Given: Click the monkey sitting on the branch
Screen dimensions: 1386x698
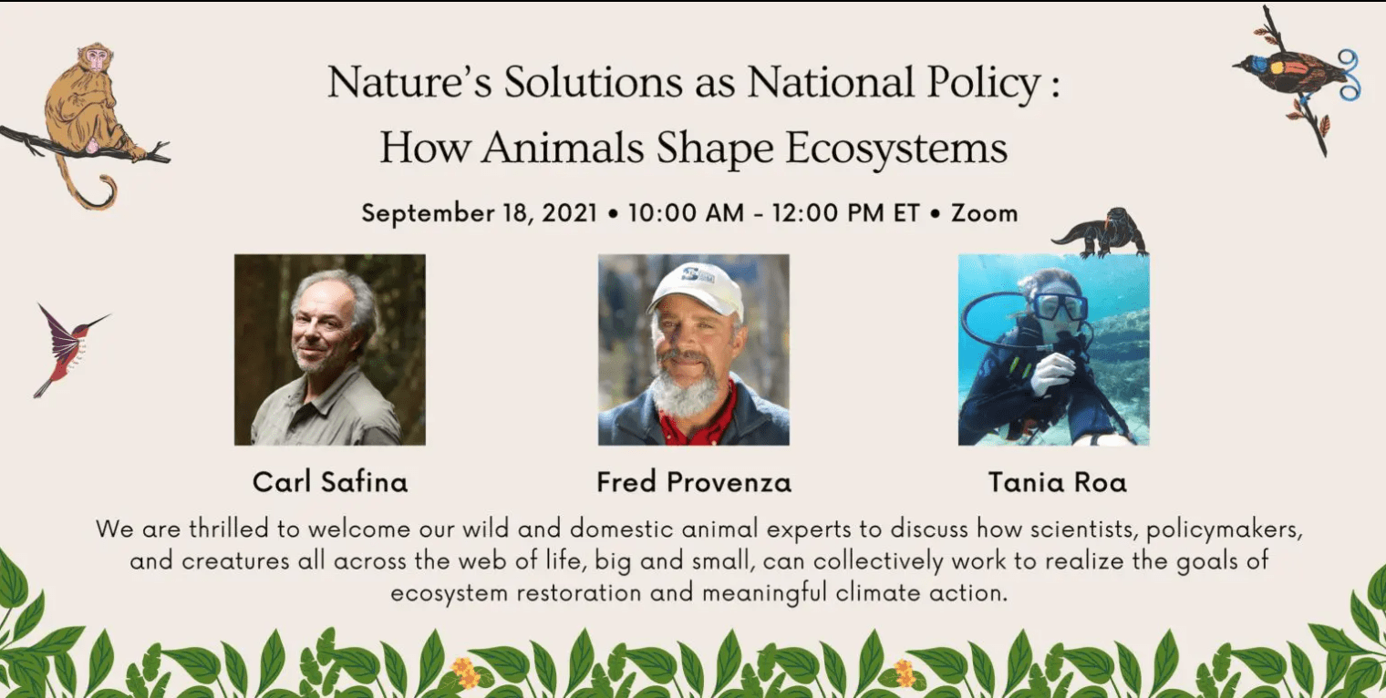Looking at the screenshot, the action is click(87, 105).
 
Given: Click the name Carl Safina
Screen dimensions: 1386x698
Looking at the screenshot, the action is click(330, 483).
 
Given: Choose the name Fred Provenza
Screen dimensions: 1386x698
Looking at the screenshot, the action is click(694, 483).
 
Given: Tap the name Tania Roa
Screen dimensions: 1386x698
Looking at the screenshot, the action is click(1058, 483).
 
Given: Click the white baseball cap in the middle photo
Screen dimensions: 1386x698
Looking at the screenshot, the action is click(697, 288).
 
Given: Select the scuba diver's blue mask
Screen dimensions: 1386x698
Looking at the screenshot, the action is click(1060, 307).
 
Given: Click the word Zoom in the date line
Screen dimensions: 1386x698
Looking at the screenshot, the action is click(985, 213).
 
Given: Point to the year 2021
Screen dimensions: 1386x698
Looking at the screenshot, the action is click(569, 213).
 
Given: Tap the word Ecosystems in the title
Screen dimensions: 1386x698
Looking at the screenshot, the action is click(896, 148).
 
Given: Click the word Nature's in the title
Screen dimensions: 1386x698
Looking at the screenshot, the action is click(409, 82).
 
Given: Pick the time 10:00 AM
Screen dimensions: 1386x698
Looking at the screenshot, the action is click(687, 213).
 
